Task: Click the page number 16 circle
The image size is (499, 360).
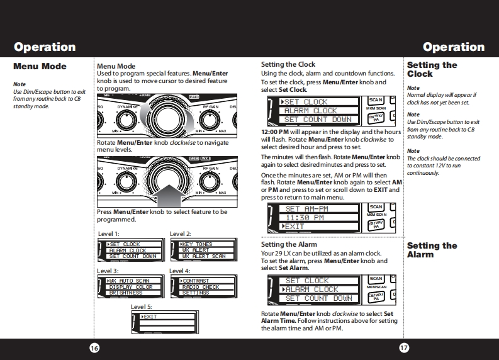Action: (94, 348)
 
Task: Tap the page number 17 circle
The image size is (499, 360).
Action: (405, 348)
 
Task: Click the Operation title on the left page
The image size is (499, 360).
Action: (45, 47)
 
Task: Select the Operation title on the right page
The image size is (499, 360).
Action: (454, 47)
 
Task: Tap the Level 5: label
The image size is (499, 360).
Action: (142, 307)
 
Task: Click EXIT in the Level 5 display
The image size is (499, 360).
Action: (151, 317)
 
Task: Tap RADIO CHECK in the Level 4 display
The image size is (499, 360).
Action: (201, 287)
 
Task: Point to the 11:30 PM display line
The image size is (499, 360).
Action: (305, 217)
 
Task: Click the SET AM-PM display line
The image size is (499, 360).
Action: (307, 208)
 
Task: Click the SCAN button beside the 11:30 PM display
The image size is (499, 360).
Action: (376, 206)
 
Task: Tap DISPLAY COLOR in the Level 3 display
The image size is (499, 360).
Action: (130, 287)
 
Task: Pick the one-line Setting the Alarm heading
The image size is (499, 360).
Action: (289, 244)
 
